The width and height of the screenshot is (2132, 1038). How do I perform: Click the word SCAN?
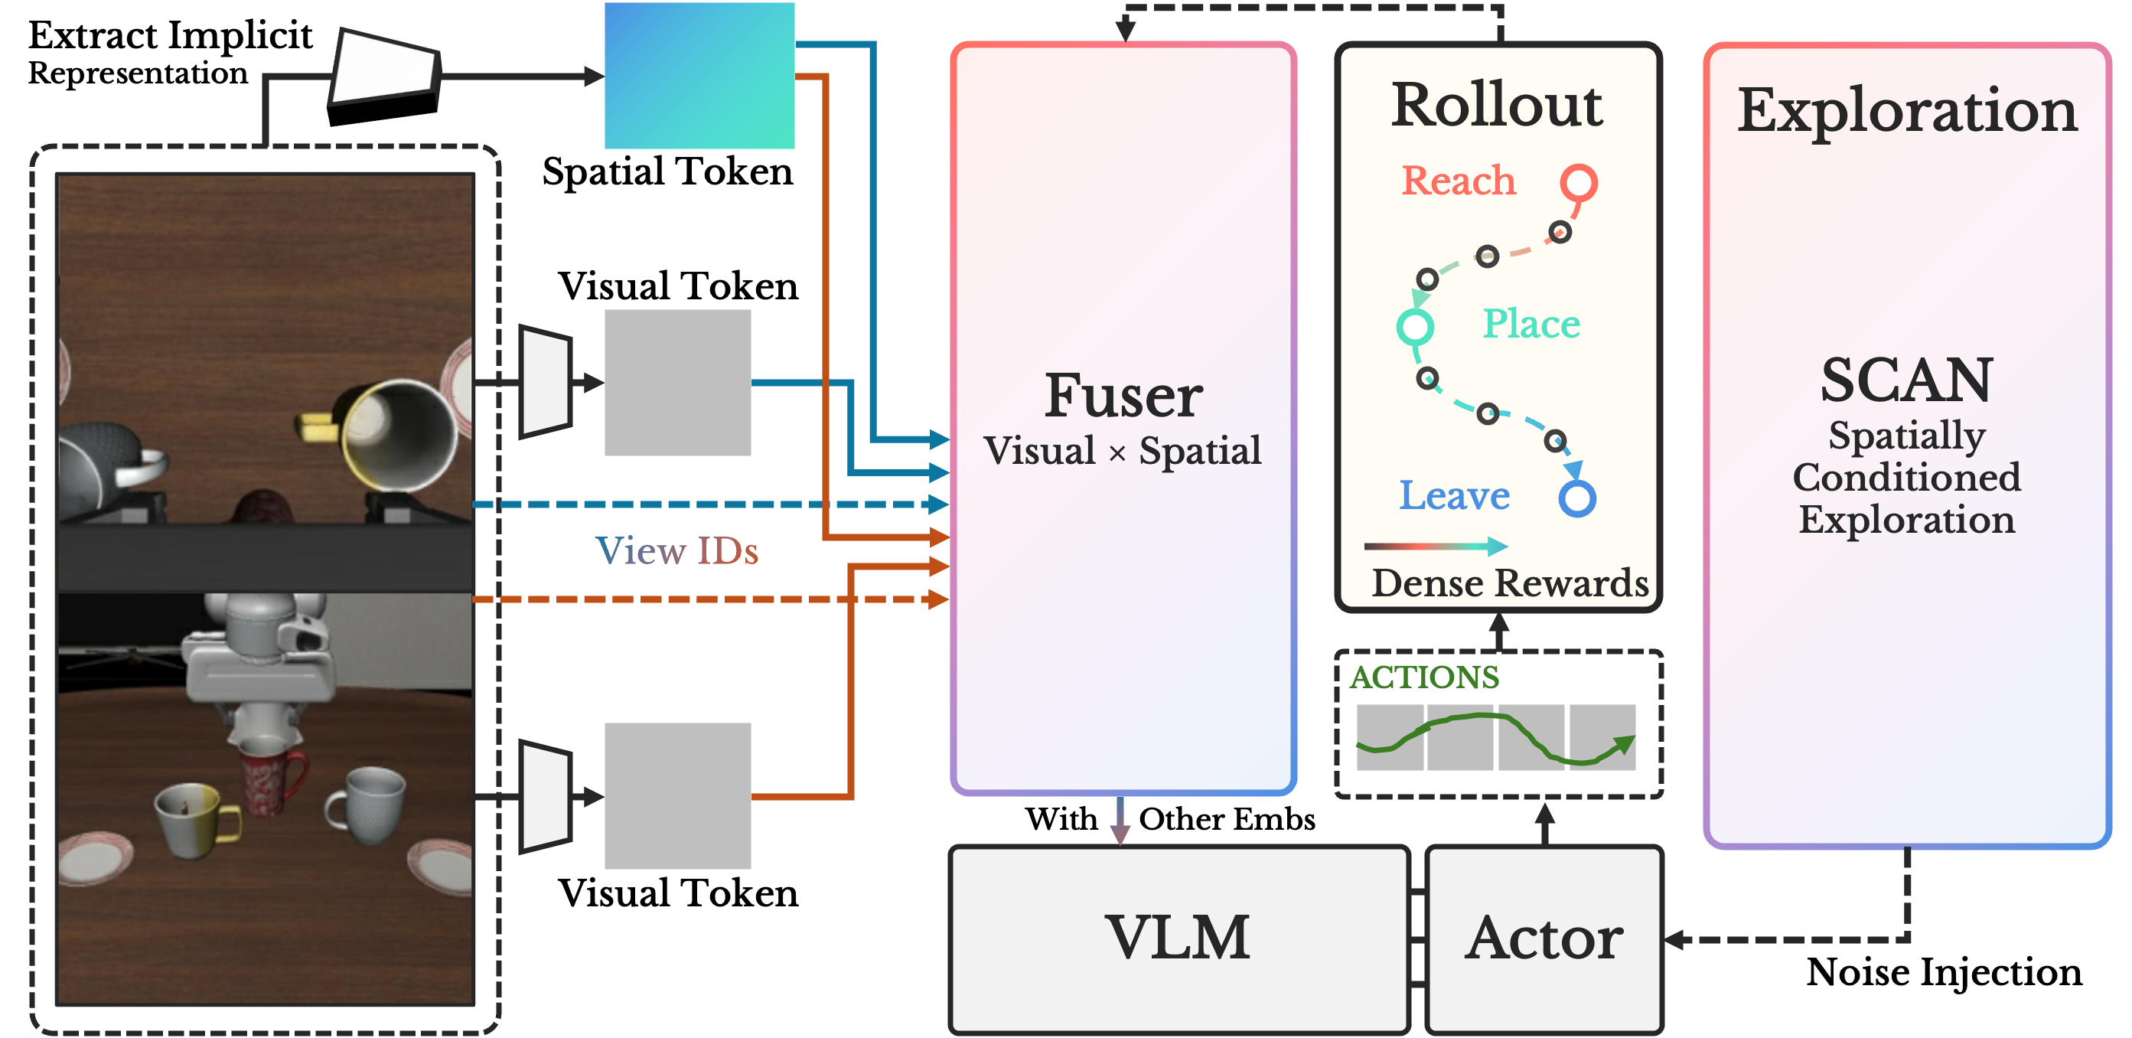(x=1906, y=380)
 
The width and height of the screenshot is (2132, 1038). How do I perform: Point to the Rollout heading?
(x=1496, y=105)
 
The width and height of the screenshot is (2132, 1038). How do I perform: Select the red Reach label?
(x=1459, y=181)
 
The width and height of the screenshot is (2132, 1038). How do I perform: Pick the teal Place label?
(x=1531, y=324)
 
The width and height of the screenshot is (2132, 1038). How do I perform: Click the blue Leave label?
(x=1454, y=495)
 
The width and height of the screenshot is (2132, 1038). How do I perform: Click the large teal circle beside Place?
(x=1415, y=326)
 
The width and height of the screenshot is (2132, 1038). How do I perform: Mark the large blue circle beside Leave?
(x=1576, y=498)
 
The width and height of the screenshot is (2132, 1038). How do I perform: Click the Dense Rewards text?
(x=1510, y=583)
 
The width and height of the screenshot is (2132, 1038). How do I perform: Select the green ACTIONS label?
(x=1424, y=677)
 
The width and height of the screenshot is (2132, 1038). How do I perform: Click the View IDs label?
(x=676, y=550)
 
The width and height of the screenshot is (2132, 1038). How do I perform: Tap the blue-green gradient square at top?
(x=699, y=75)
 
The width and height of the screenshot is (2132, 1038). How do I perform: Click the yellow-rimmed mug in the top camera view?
(x=397, y=435)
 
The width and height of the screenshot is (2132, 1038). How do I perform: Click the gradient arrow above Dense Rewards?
(x=1436, y=546)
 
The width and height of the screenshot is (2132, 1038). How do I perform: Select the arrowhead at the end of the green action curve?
(x=1625, y=743)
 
